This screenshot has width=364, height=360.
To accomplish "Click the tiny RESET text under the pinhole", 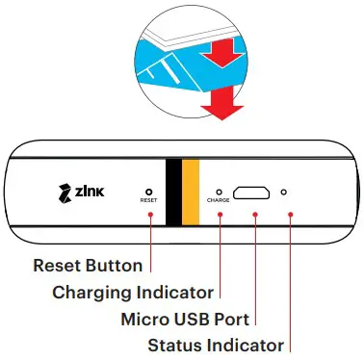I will click(x=149, y=203).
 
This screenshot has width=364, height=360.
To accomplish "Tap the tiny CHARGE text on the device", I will click(x=220, y=203).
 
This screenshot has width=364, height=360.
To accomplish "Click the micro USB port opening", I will click(x=253, y=193).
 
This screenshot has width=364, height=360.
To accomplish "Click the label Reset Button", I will click(x=88, y=266).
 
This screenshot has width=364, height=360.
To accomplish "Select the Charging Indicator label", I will click(x=133, y=292).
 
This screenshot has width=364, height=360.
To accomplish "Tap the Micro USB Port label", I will click(x=185, y=318).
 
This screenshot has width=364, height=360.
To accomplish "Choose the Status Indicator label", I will click(x=216, y=344).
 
